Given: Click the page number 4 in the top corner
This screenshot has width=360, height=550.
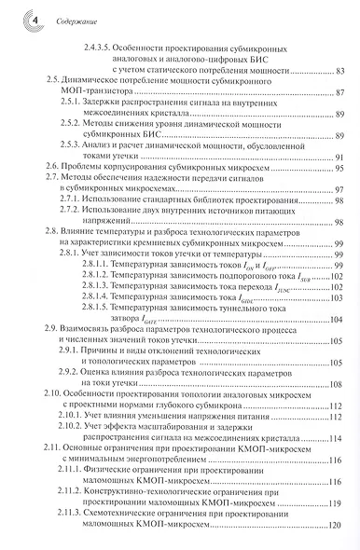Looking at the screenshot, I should pyautogui.click(x=12, y=18).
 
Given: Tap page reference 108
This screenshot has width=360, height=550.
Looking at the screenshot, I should pyautogui.click(x=339, y=383).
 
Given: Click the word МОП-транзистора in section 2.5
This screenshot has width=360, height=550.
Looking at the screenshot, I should pyautogui.click(x=101, y=96).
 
